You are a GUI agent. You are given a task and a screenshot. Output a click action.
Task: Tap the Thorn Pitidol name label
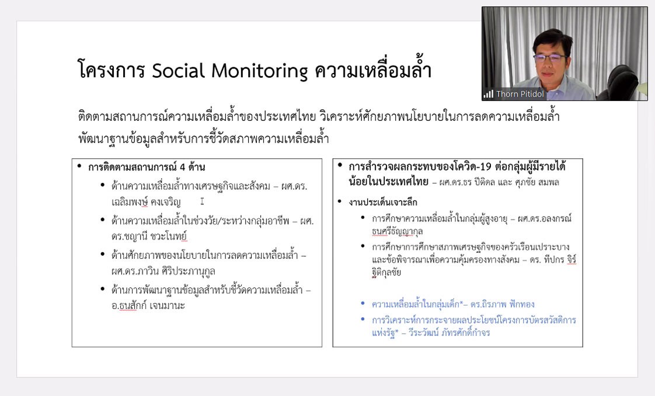[520, 94]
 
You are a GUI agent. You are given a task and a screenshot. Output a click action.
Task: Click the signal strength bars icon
[488, 94]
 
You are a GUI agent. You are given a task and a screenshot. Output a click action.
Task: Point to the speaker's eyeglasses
[549, 58]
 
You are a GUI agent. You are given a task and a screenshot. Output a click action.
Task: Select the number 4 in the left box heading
[183, 168]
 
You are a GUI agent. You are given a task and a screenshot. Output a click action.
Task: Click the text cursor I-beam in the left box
[202, 202]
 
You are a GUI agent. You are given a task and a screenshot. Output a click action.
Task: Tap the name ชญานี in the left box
[136, 237]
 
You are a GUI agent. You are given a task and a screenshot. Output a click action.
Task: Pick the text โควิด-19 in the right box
[471, 166]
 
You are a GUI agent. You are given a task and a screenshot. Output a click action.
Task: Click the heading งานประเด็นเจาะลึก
[382, 203]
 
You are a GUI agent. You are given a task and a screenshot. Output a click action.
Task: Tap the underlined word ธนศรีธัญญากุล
[397, 231]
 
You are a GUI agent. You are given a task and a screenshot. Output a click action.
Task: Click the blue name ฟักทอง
[522, 304]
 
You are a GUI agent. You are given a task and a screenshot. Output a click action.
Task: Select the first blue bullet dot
[363, 303]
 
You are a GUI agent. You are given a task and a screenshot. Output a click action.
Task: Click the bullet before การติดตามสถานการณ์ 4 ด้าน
[79, 166]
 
